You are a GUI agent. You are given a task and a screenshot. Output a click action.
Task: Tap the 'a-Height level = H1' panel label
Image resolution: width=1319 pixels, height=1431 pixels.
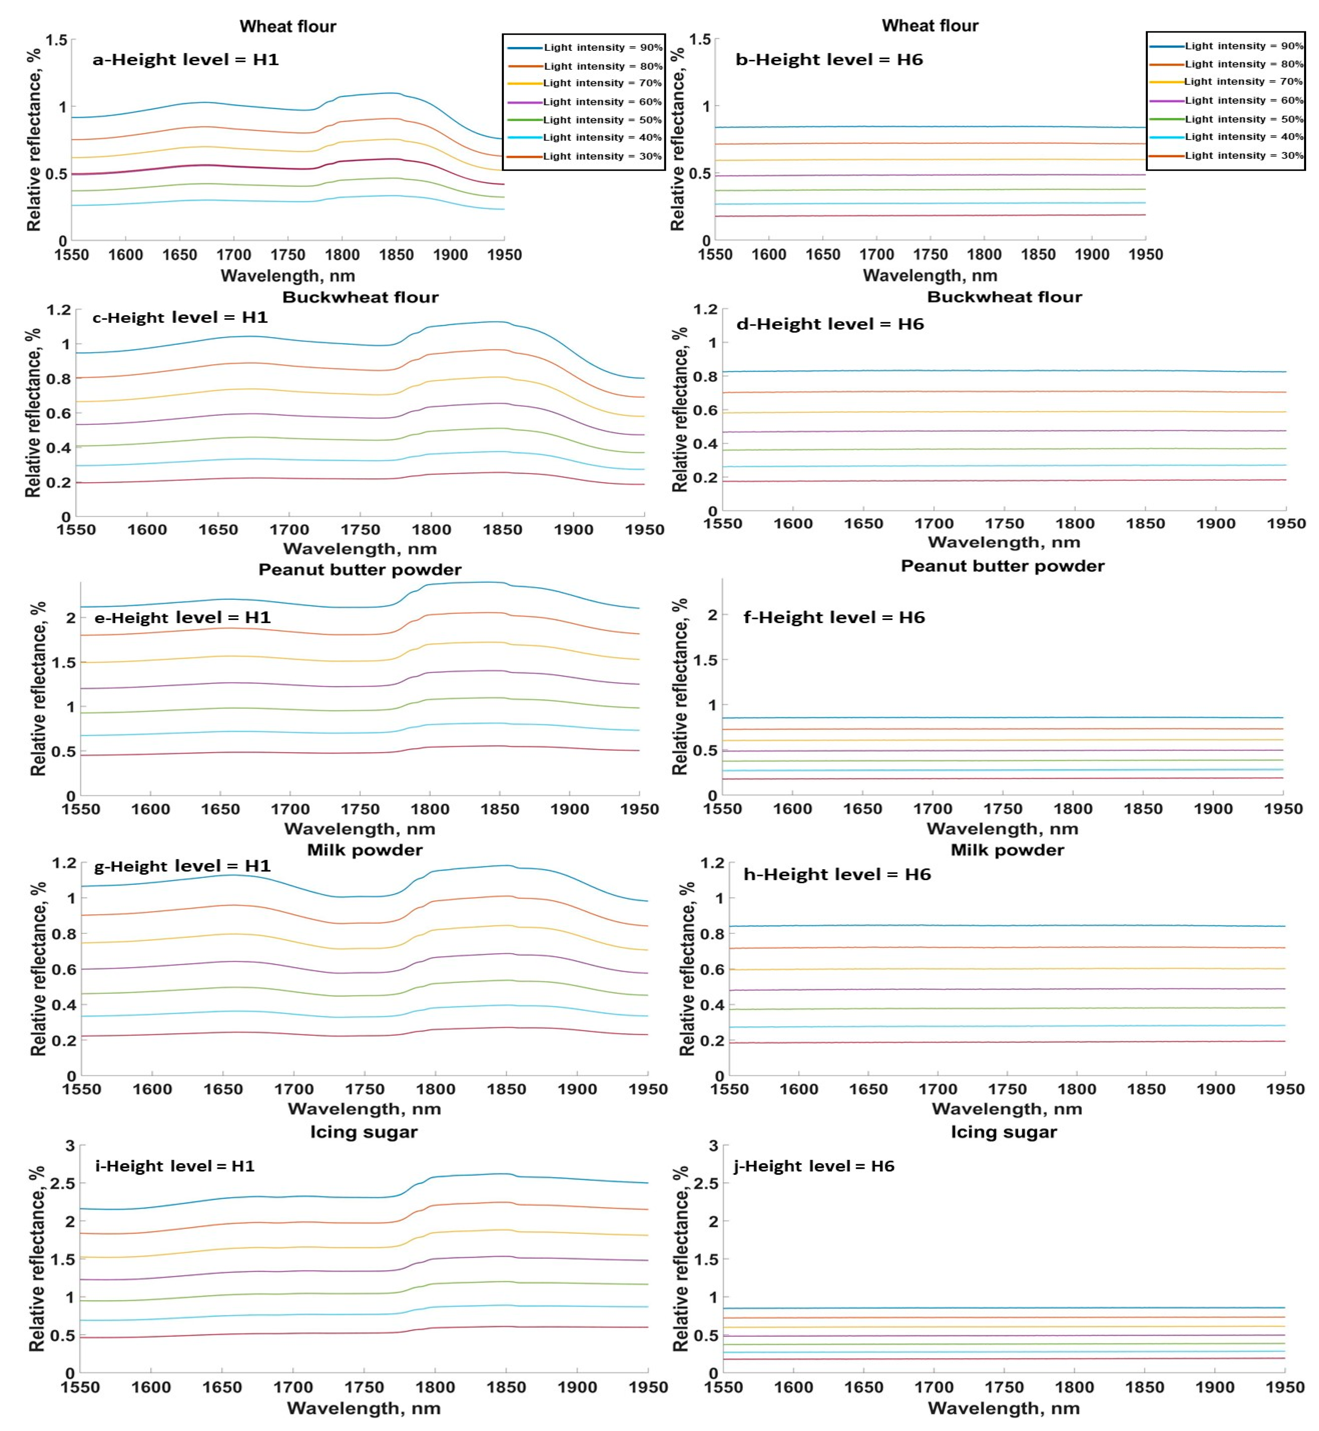click(x=185, y=60)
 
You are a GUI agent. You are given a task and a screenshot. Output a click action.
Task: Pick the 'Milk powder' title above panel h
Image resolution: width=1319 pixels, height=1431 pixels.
click(x=1007, y=850)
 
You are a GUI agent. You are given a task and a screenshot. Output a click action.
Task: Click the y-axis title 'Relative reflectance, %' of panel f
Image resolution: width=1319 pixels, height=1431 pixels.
click(x=680, y=686)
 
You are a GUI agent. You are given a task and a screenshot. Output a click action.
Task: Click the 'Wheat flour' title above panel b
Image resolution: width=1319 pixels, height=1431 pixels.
click(x=930, y=26)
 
